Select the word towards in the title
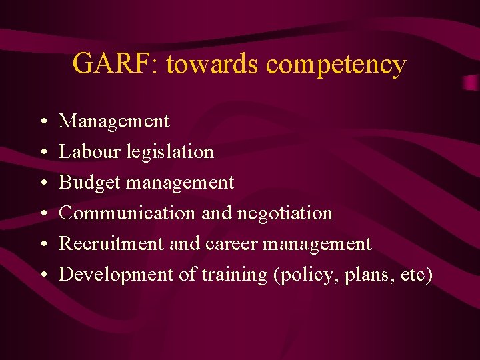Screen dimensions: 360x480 212,63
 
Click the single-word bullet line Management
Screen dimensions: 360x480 114,121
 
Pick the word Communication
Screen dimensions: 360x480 127,213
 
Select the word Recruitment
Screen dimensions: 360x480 112,243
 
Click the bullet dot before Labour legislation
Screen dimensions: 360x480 42,153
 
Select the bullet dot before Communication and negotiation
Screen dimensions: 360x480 42,214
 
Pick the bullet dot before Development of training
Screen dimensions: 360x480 42,275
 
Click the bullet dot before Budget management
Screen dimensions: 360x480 42,183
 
